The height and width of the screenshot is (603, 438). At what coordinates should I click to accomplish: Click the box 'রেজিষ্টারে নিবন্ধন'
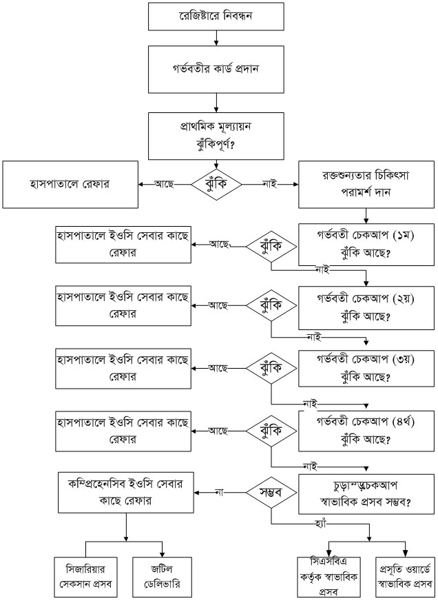coord(217,15)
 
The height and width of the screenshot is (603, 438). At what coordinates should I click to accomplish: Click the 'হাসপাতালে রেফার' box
coord(70,184)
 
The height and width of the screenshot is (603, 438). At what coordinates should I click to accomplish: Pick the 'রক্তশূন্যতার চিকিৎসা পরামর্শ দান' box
coord(365,184)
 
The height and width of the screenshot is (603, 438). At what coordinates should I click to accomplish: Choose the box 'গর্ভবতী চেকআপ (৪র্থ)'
coord(365,429)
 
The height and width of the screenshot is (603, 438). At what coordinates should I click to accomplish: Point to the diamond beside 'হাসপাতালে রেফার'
coord(217,184)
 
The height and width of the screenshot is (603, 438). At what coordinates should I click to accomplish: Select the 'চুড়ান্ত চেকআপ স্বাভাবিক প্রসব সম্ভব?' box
coord(365,493)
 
